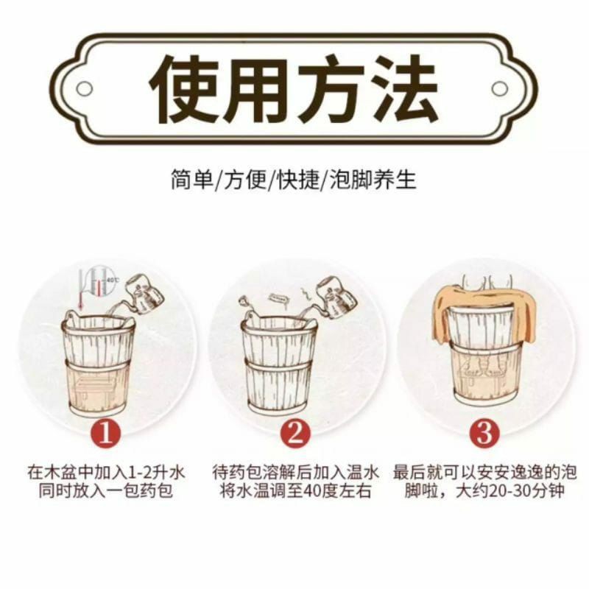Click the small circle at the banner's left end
(x=85, y=89)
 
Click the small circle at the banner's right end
(x=500, y=89)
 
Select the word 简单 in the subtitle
(x=191, y=179)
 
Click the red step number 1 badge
(x=105, y=434)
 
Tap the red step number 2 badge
(x=295, y=434)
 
